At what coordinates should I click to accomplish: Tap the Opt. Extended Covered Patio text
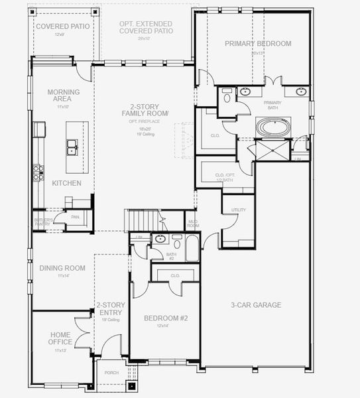tap(146, 27)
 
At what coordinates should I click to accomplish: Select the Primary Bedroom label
tap(257, 43)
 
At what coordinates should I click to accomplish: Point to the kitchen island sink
tap(72, 147)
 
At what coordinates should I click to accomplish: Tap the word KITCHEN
tap(67, 182)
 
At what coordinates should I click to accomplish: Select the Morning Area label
tap(64, 96)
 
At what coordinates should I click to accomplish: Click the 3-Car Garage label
tap(256, 305)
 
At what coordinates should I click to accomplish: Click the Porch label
tap(111, 373)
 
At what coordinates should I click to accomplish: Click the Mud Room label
tap(194, 223)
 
